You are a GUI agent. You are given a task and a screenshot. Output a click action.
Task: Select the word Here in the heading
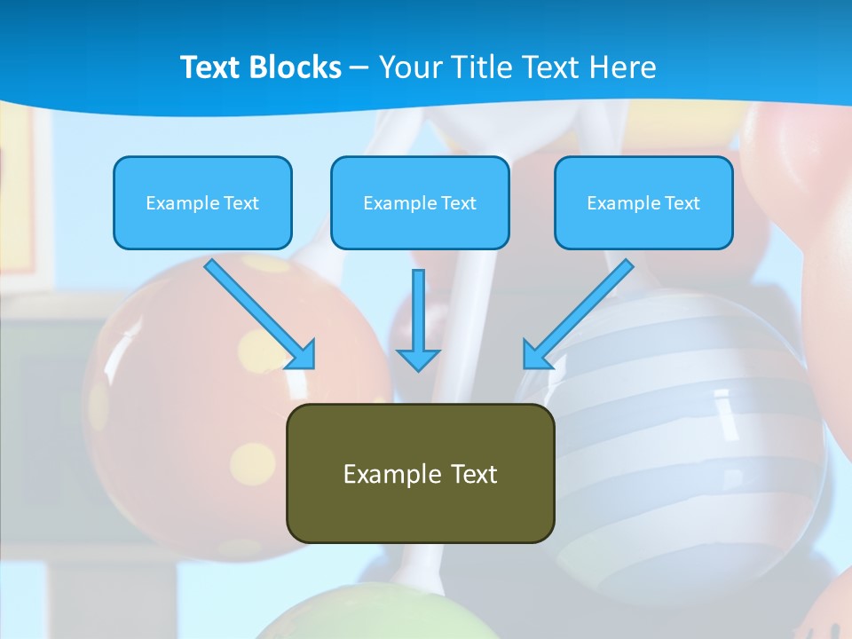[625, 67]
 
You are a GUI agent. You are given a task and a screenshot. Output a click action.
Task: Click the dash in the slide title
[360, 68]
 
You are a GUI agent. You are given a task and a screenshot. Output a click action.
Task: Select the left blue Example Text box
[202, 202]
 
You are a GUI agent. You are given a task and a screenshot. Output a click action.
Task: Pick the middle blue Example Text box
[420, 202]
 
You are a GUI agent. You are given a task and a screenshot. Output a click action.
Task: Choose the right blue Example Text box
[643, 202]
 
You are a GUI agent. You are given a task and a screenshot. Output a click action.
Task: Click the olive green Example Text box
[420, 473]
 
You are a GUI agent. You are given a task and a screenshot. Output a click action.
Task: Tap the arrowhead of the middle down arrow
[418, 359]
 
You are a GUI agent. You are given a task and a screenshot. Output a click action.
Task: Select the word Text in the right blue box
[682, 203]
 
